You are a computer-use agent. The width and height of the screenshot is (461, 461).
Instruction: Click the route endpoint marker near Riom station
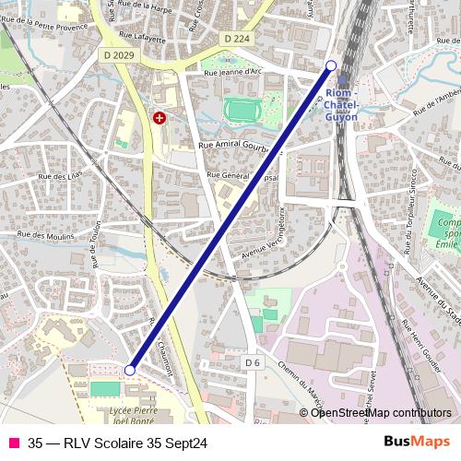[x=332, y=65]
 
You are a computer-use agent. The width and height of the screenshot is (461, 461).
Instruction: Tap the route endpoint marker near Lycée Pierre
[x=130, y=370]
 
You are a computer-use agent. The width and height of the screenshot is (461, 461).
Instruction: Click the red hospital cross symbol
[x=160, y=118]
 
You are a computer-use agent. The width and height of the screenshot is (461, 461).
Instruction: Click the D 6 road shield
[x=253, y=363]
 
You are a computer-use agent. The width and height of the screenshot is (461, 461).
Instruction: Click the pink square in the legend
[x=12, y=443]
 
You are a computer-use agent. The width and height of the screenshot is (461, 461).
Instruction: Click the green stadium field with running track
[x=244, y=111]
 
